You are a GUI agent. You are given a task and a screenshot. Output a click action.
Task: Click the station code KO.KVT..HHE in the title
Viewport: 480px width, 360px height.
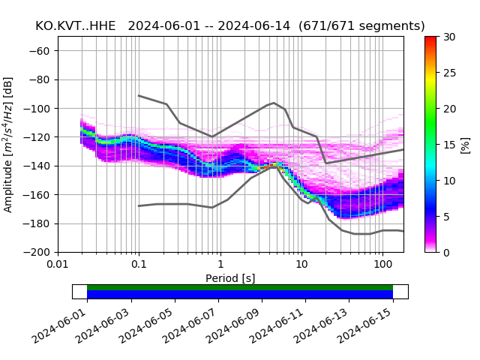(x=76, y=26)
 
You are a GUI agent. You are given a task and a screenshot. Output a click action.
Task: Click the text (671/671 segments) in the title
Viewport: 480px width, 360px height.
(x=361, y=26)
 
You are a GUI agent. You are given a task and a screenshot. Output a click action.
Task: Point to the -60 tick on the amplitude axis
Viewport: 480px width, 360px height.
(x=43, y=51)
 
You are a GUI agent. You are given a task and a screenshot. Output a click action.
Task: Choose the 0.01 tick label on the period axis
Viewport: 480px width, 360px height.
(x=58, y=265)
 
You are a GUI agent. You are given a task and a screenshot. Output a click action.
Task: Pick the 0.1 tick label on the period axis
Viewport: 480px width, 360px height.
(x=139, y=265)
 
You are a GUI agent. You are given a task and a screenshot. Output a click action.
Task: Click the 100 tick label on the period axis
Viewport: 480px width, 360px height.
(x=382, y=265)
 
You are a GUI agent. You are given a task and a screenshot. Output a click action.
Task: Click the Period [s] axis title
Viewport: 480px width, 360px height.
(x=230, y=278)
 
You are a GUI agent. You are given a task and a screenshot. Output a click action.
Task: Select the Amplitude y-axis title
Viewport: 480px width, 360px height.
(x=8, y=144)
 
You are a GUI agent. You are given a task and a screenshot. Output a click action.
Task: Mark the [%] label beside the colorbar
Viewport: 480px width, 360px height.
(x=466, y=144)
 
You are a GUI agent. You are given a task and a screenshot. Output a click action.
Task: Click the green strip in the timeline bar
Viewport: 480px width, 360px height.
(x=240, y=287)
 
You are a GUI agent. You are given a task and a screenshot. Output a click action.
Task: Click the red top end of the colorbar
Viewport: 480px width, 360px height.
(x=430, y=39)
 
